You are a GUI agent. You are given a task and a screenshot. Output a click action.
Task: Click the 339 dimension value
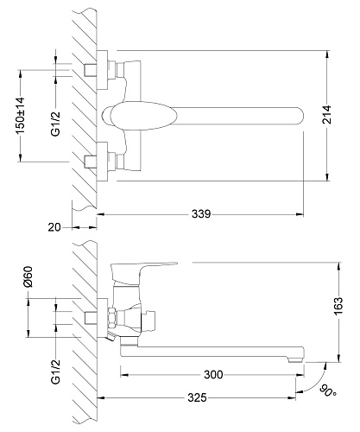click(x=201, y=214)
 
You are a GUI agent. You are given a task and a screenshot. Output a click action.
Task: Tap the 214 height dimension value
click(x=326, y=115)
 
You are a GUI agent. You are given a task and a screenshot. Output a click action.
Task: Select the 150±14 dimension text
click(x=20, y=116)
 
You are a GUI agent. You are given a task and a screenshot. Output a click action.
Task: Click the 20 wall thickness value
click(x=54, y=227)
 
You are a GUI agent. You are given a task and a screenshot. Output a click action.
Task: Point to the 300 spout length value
click(x=213, y=375)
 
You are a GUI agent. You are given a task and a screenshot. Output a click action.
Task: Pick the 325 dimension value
click(x=197, y=397)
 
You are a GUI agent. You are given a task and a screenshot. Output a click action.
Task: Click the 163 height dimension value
click(x=338, y=306)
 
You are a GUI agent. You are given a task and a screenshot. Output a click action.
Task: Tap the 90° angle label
click(x=328, y=390)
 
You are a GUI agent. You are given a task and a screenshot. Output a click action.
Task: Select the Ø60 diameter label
click(x=28, y=276)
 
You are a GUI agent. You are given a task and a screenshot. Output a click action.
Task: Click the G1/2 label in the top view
click(x=55, y=124)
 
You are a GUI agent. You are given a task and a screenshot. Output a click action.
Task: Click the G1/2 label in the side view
click(x=55, y=372)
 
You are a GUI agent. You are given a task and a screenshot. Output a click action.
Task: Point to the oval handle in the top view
click(x=140, y=115)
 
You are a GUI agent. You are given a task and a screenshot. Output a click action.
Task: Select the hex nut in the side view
click(x=112, y=317)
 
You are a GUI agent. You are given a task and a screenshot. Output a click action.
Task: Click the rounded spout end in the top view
click(x=299, y=116)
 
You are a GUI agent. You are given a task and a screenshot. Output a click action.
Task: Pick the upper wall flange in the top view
click(x=102, y=70)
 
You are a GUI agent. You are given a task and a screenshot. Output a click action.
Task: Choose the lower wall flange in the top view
click(x=102, y=162)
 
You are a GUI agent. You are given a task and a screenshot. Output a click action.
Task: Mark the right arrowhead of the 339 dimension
click(x=300, y=214)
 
